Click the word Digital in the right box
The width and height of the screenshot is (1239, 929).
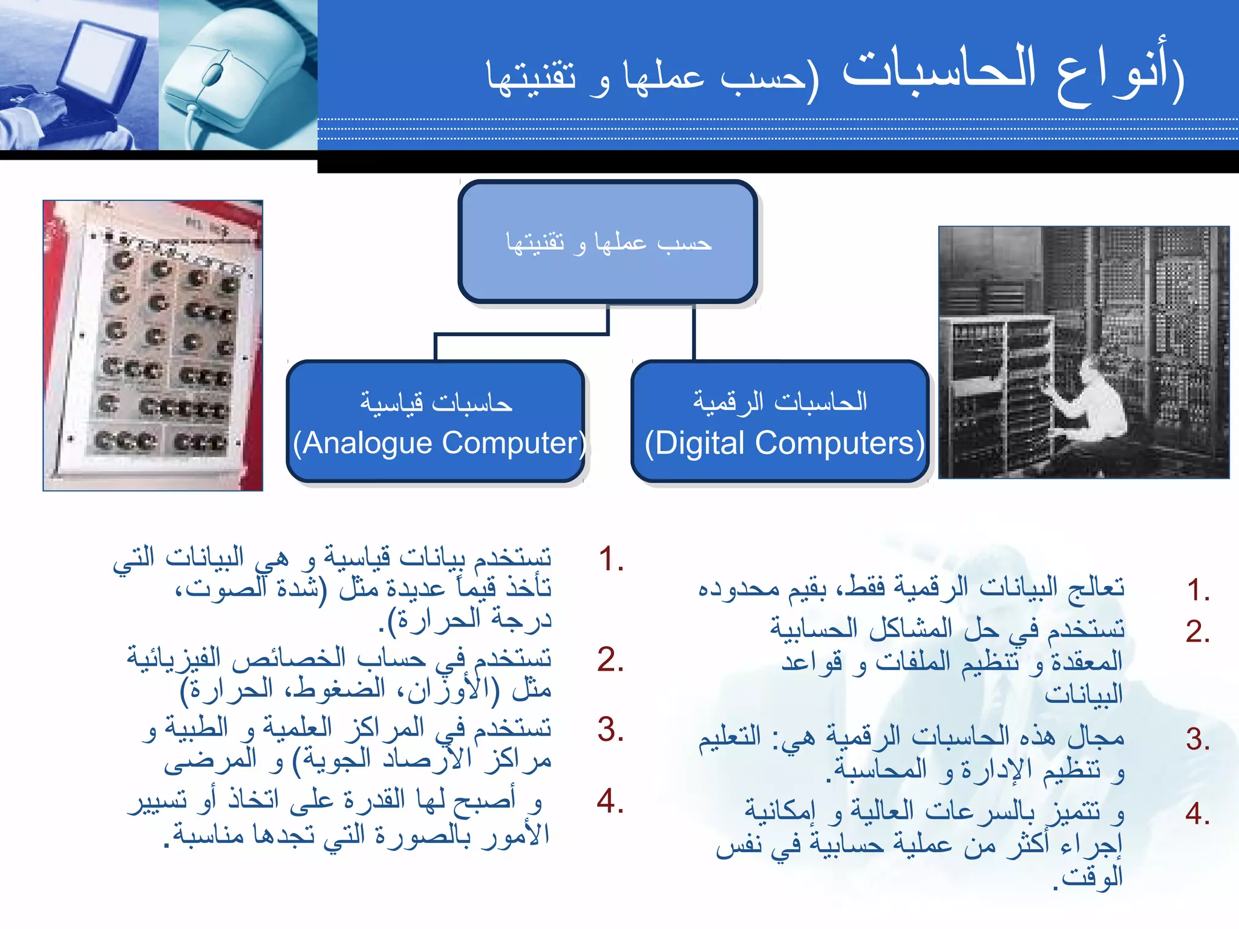pos(699,444)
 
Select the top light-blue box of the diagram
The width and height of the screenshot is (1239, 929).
pos(607,242)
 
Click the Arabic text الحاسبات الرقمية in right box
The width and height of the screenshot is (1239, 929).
pos(780,402)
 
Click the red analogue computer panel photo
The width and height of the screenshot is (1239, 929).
pos(152,345)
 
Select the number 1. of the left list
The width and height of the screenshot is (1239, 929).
pos(611,559)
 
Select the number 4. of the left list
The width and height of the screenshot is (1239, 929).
pos(610,801)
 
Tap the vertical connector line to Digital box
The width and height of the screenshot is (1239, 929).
pos(693,333)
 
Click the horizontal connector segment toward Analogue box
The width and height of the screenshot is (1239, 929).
pos(520,334)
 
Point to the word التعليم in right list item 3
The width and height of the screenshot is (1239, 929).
pos(730,737)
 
